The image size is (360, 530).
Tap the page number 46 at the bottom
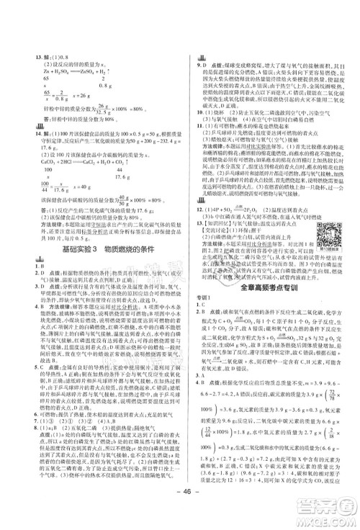179,501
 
